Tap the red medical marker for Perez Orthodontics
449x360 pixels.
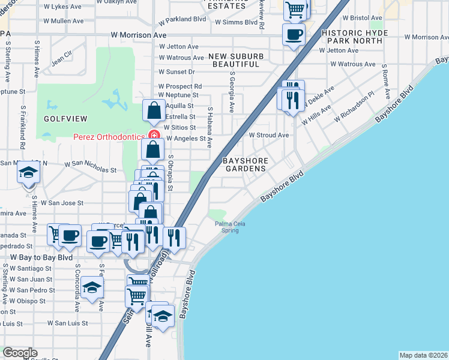[x=154, y=134]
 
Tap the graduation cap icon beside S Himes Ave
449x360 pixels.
[x=28, y=173]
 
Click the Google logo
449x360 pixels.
[x=19, y=353]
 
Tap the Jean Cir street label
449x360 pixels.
[x=62, y=58]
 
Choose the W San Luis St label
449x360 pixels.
[x=67, y=323]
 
